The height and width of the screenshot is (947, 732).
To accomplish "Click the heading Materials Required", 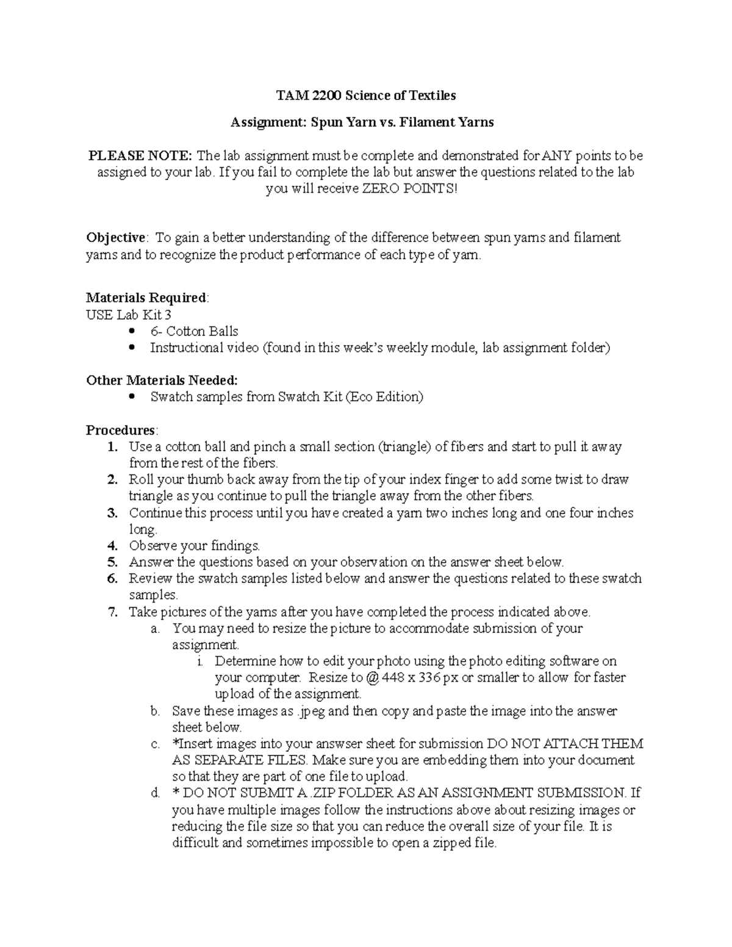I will tap(146, 298).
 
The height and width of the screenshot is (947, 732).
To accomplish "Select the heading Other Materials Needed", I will tap(162, 381).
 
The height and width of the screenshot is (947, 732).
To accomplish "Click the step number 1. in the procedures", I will tap(112, 447).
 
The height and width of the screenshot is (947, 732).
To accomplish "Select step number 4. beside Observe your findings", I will tap(112, 546).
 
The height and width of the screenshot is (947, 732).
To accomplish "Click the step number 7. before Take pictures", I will tap(112, 612).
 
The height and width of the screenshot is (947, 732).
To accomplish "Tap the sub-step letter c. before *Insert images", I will tap(155, 744).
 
